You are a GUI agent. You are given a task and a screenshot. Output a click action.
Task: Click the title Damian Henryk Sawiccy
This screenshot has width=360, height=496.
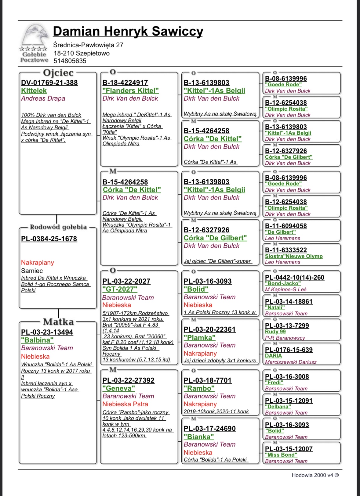pos(128,31)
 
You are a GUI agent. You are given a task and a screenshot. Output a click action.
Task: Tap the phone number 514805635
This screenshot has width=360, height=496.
pos(70,61)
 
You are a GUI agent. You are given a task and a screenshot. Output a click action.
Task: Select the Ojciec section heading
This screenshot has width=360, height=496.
pos(58,73)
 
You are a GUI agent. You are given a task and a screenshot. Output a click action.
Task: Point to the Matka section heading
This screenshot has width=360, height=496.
pos(58,322)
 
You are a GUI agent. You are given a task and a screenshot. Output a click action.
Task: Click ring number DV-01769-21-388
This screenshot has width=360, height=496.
pos(49,83)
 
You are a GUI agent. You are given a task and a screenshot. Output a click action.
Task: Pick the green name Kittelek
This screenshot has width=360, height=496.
pos(34,91)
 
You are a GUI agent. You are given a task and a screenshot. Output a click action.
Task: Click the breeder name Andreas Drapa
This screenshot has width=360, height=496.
pos(43,99)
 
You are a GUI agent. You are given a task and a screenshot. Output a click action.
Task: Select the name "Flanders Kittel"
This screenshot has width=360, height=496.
pos(130,91)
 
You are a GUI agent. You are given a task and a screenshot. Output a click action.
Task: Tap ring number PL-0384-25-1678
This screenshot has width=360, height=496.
pos(49,239)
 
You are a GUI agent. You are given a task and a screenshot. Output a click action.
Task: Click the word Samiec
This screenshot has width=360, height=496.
pos(32,271)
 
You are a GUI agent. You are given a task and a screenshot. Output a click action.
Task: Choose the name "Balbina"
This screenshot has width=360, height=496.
pos(37,340)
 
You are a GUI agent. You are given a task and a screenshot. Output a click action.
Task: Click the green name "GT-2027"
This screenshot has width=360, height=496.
pos(120,289)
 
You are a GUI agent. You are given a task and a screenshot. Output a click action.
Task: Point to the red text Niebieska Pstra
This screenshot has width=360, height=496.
pos(125,404)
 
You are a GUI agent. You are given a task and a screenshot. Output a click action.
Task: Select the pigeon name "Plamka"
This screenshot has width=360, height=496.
pos(199,338)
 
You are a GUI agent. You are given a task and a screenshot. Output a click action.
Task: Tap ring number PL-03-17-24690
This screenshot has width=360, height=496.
pos(209,429)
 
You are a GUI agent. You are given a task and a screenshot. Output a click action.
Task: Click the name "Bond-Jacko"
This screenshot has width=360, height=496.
pos(283,283)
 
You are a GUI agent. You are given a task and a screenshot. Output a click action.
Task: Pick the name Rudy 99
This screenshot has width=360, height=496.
pos(275,332)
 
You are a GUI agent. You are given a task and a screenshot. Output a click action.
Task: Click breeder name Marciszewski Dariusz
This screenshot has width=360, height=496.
pos(291,362)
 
